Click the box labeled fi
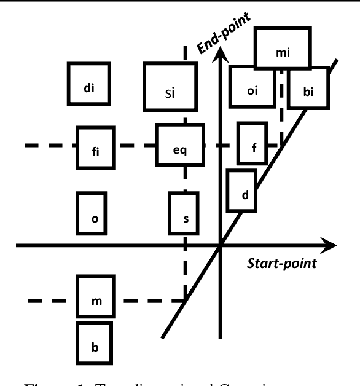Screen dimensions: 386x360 pyautogui.click(x=96, y=147)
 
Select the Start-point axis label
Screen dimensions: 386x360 pyautogui.click(x=281, y=264)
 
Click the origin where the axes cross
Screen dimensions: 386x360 pyautogui.click(x=220, y=246)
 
